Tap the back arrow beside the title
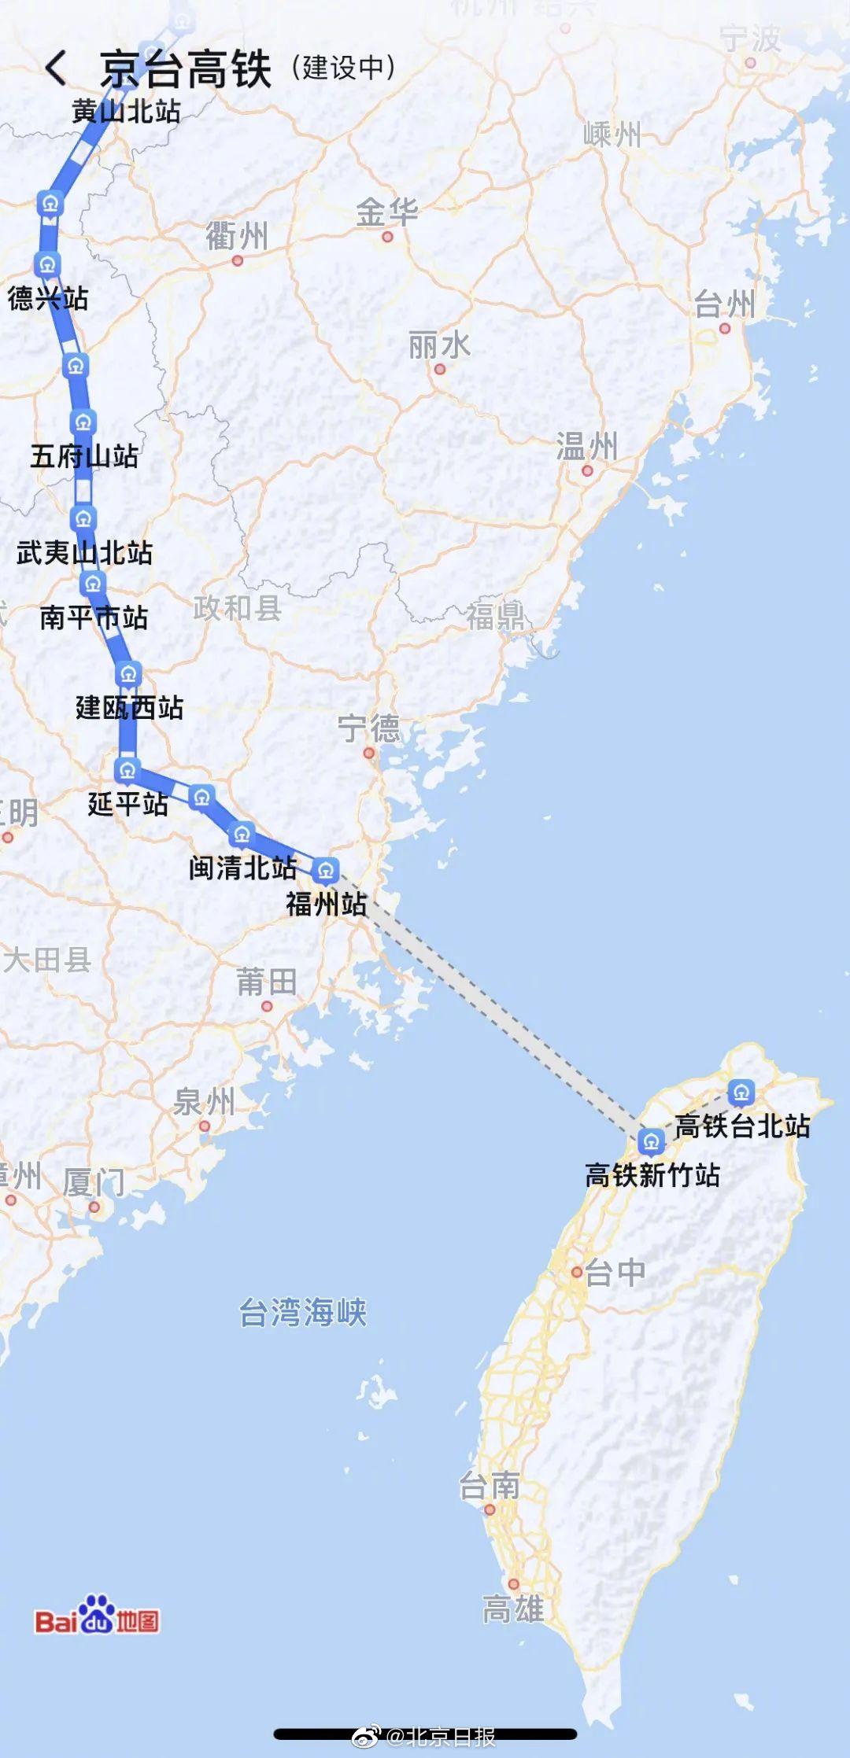[x=56, y=68]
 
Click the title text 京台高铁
[x=186, y=69]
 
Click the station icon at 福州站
[x=325, y=870]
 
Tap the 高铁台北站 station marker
[x=741, y=1092]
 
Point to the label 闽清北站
[x=242, y=868]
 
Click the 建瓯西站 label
[x=130, y=707]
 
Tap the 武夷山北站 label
[x=84, y=552]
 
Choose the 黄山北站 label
[x=126, y=111]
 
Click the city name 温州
[x=586, y=446]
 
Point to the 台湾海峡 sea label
[x=303, y=1312]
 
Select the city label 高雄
[x=512, y=1609]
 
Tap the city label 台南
[x=490, y=1486]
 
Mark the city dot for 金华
[x=386, y=236]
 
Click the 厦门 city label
[x=94, y=1182]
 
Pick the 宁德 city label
[x=368, y=728]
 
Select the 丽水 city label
[x=439, y=345]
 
